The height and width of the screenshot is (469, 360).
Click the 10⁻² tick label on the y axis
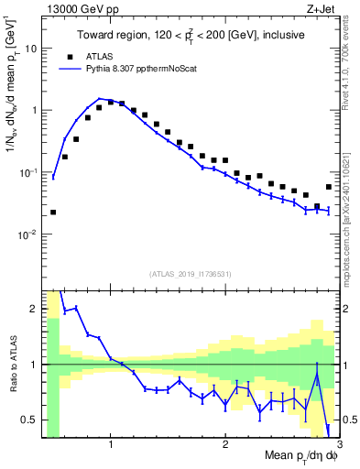(x=27, y=234)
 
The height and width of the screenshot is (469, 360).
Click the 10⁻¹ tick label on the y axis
(x=27, y=172)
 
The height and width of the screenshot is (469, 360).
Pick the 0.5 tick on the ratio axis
(x=31, y=420)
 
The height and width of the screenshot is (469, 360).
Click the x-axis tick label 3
(x=339, y=445)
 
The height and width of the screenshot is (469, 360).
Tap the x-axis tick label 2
(x=225, y=445)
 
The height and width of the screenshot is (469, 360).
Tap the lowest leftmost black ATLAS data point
(x=53, y=212)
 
